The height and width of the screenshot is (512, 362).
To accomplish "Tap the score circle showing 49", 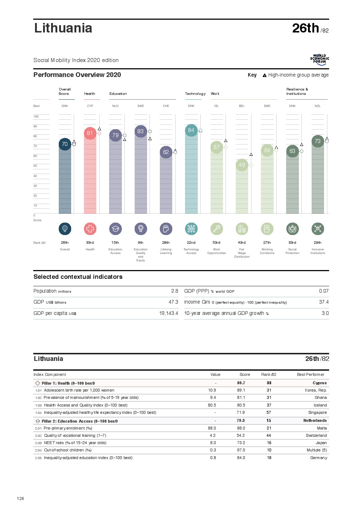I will (242, 165).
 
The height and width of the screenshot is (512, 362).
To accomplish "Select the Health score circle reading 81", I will (90, 133).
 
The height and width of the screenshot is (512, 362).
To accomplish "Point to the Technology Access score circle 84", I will (191, 130).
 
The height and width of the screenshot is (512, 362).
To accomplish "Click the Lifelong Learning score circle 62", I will (166, 152).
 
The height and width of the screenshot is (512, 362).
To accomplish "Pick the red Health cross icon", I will (90, 229).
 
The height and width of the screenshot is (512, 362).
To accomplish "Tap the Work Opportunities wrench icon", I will (216, 229).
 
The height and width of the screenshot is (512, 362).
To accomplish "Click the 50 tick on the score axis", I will (35, 166).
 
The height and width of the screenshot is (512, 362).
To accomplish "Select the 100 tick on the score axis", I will (36, 117).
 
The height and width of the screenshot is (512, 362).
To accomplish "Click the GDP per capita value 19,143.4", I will (169, 313).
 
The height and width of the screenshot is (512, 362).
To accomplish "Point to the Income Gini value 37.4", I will (324, 302).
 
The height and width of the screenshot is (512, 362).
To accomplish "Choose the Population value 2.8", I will (174, 291).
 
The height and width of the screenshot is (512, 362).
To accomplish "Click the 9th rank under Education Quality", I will (140, 243).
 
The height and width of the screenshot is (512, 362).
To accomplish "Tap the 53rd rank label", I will (216, 243).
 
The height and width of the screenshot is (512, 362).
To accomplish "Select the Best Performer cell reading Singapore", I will (317, 412).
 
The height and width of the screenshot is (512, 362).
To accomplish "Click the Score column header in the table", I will (244, 374).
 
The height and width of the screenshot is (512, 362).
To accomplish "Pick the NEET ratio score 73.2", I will (241, 443).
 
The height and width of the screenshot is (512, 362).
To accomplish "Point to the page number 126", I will (20, 498).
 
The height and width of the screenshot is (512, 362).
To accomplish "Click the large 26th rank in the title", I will (305, 28).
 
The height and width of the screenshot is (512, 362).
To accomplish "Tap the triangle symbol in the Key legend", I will (265, 75).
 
